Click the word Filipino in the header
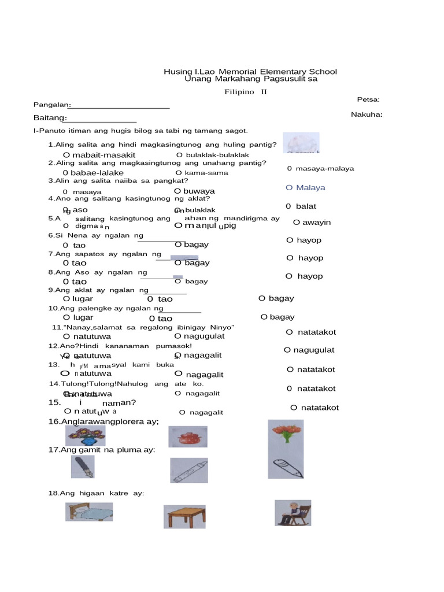tap(240, 92)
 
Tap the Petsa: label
tap(368, 99)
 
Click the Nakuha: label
tap(367, 114)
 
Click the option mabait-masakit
tap(99, 156)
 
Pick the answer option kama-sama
tap(202, 173)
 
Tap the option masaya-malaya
tap(320, 169)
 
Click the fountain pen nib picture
tap(83, 467)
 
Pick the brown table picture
tap(184, 516)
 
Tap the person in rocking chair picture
tap(293, 513)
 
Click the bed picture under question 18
tap(89, 512)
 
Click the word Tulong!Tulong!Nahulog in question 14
tap(102, 384)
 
